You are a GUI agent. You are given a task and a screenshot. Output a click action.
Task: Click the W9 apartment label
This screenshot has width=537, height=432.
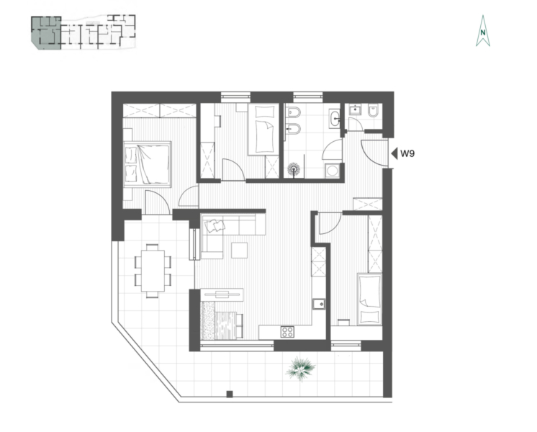pos(407,153)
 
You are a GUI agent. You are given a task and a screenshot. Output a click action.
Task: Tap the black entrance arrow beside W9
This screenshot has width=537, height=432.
pos(394,153)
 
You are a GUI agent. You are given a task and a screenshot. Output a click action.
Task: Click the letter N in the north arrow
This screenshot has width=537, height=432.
pos(483,33)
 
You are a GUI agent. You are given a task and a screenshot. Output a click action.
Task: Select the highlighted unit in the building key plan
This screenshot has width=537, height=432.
pos(46,32)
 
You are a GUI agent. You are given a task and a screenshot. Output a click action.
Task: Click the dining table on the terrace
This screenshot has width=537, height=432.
pos(153,271)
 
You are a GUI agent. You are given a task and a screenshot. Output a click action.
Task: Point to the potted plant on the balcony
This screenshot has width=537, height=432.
pos(300,368)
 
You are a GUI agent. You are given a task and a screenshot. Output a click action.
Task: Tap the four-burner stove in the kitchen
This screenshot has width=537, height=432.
pos(287,332)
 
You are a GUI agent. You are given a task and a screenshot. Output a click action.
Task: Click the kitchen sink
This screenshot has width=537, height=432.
pos(318,304)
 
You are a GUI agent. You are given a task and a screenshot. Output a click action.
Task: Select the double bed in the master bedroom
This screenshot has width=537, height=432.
pos(148,164)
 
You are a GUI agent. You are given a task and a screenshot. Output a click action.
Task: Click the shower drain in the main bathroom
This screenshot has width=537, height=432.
pos(294,168)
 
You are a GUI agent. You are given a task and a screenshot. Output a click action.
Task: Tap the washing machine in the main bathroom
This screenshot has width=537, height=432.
pos(332,170)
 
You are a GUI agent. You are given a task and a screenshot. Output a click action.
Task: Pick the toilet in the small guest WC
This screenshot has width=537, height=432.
pos(373,111)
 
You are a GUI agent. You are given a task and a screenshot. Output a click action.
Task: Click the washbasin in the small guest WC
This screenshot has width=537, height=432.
pos(355,110)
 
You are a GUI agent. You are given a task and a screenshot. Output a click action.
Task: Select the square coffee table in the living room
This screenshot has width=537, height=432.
pos(240,250)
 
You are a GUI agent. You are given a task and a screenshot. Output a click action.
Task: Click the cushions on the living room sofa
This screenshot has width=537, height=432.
pos(215,225)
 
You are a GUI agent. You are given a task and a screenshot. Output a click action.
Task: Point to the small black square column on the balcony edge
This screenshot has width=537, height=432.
pos(230,394)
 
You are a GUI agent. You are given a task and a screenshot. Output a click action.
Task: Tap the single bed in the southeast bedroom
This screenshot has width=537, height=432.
pos(369,299)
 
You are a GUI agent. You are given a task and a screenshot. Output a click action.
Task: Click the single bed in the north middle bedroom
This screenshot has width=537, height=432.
pos(263,130)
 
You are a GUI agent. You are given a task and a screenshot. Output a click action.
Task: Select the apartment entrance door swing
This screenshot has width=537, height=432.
pos(374,153)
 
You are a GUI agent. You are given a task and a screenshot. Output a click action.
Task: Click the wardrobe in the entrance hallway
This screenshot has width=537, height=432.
pos(367,204)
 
